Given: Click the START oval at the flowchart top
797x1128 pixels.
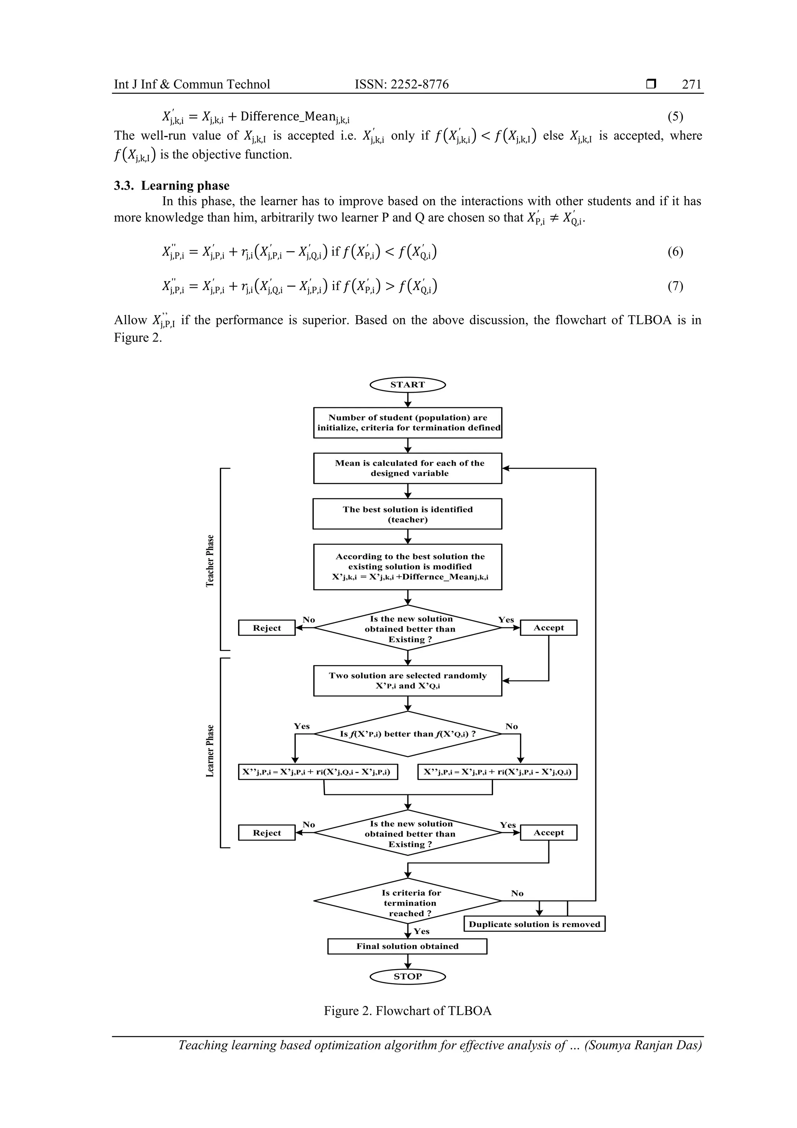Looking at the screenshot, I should point(407,385).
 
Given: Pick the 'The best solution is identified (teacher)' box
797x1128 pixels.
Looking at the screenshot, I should point(407,514).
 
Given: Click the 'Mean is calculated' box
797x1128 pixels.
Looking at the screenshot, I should point(407,468).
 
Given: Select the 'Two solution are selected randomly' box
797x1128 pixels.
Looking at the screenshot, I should point(407,681).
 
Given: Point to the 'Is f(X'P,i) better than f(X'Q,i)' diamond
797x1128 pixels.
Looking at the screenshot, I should point(407,734).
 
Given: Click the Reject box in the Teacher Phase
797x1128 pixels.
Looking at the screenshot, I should point(267,628).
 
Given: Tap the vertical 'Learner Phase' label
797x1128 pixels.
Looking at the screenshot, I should point(210,751).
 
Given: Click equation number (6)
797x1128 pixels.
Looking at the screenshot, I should point(675,252).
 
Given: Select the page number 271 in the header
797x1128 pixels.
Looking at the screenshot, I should point(692,84).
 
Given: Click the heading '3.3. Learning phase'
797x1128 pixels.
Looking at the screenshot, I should point(172,186).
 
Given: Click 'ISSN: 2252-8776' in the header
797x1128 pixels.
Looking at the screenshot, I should point(401,84).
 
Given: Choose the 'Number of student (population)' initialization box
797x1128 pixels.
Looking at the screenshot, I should point(407,422).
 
